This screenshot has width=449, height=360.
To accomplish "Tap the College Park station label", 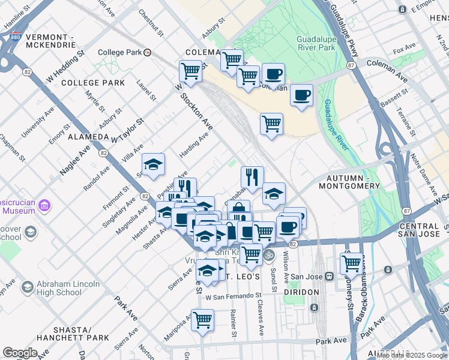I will tap(119, 52).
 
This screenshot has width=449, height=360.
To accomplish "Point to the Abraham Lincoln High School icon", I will tap(27, 287).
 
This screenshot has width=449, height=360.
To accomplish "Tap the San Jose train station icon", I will tap(329, 277).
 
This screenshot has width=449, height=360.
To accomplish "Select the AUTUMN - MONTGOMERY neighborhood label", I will tap(353, 182).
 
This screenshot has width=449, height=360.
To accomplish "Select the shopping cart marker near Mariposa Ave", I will tap(202, 319).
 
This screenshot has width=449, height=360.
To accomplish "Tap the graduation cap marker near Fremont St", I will tap(153, 164).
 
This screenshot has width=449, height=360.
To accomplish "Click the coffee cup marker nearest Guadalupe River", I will tap(301, 94).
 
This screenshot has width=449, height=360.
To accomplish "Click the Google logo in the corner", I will tap(20, 353).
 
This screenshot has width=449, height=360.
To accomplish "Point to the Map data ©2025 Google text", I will tap(412, 355).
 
